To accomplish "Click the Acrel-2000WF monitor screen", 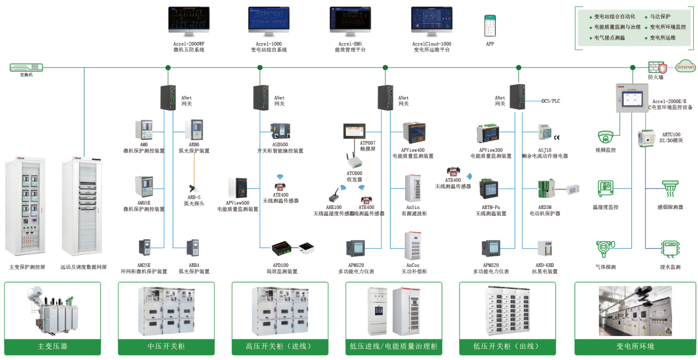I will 189,20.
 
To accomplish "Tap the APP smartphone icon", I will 490,25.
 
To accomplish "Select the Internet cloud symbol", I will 685,67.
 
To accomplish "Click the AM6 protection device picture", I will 144,130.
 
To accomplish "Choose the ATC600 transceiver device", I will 354,160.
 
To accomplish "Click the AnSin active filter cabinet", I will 412,188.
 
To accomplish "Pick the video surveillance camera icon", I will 606,137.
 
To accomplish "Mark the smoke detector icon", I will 671,188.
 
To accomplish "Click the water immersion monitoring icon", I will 670,249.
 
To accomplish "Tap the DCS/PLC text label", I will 550,101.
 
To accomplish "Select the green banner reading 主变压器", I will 52,346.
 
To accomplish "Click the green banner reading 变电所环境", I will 635,346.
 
